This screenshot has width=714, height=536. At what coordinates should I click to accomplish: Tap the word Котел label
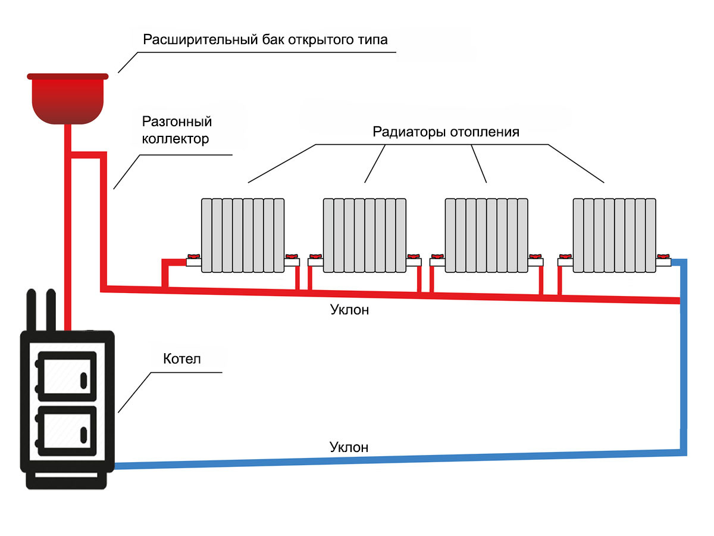click(x=182, y=359)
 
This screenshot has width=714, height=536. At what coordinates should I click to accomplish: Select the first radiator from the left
click(x=243, y=235)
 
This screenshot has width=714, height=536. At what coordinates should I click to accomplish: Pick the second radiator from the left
click(x=365, y=235)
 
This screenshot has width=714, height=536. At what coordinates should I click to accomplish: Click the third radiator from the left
click(x=487, y=235)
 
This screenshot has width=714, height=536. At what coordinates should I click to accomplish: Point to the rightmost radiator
click(x=614, y=235)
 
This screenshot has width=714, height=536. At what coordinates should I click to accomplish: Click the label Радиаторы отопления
click(x=446, y=132)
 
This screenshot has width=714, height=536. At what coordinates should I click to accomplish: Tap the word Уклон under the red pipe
click(x=349, y=310)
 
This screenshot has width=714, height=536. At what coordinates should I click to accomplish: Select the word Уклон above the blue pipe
click(x=349, y=447)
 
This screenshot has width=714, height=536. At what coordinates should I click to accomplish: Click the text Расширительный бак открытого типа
click(x=265, y=40)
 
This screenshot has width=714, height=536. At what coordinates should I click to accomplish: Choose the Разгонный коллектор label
click(x=177, y=130)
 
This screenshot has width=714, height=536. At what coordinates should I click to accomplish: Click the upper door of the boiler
click(x=66, y=373)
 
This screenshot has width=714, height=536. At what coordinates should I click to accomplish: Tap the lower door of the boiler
click(x=66, y=430)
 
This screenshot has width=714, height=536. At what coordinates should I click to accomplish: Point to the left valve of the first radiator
click(x=193, y=259)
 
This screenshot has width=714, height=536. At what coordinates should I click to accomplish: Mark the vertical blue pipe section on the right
click(x=684, y=357)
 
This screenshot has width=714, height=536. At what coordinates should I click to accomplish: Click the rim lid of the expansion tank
click(x=67, y=76)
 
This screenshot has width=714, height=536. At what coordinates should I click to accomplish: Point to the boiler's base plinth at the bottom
click(x=67, y=480)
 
